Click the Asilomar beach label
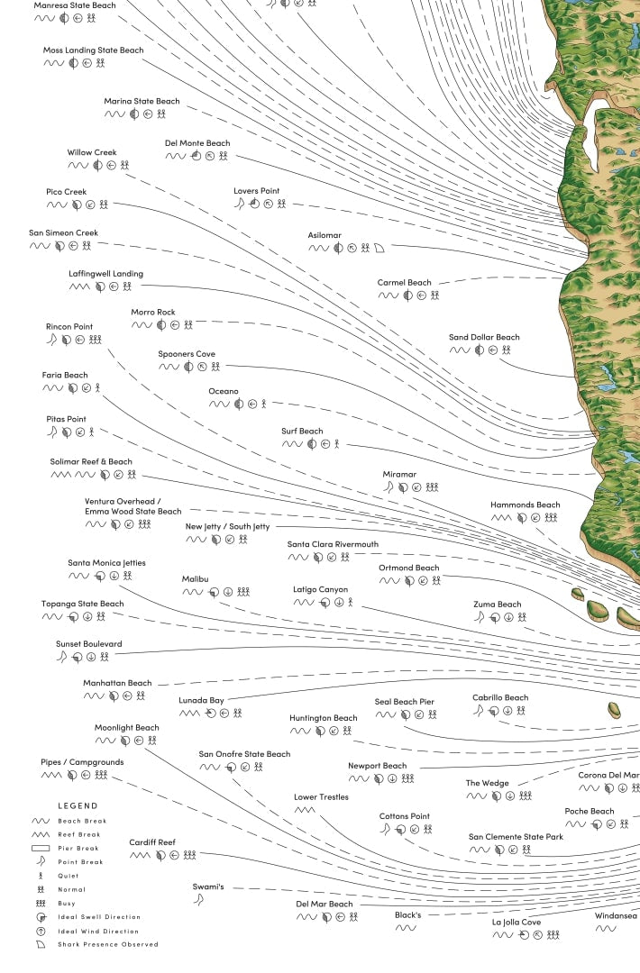click(325, 235)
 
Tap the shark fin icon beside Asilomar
click(379, 248)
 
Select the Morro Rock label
click(153, 313)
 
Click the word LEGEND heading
click(78, 805)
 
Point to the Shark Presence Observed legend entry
click(108, 944)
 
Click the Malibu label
click(196, 579)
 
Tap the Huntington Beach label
click(324, 718)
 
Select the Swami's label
click(207, 887)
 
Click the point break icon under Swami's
click(198, 900)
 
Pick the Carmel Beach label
click(404, 283)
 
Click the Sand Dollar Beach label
click(484, 338)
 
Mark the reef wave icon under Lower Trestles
click(305, 810)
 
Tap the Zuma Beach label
click(498, 605)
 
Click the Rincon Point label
click(69, 327)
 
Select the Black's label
click(407, 915)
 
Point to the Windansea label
click(616, 916)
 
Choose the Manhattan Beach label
click(118, 683)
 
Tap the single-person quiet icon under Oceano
click(263, 405)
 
